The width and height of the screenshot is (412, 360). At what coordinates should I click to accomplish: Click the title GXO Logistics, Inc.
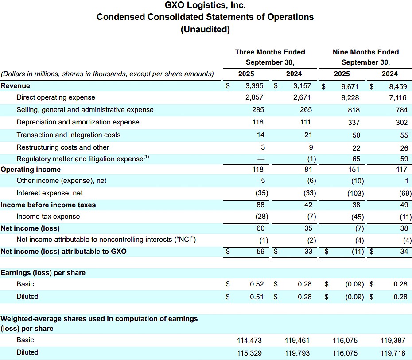pyautogui.click(x=205, y=5)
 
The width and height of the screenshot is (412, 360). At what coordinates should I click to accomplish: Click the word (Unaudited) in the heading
pyautogui.click(x=205, y=29)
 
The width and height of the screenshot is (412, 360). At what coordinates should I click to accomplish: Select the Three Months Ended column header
pyautogui.click(x=270, y=52)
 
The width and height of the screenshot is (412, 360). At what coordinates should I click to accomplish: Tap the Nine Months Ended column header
pyautogui.click(x=365, y=52)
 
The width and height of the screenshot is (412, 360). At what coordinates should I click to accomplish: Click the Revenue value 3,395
pyautogui.click(x=254, y=86)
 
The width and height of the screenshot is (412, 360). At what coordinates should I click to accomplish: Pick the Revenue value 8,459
pyautogui.click(x=398, y=86)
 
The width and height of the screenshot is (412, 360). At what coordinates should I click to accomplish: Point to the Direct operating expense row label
pyautogui.click(x=56, y=97)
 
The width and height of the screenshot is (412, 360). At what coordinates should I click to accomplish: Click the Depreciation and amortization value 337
pyautogui.click(x=354, y=122)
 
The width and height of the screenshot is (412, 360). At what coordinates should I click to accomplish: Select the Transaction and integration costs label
pyautogui.click(x=68, y=135)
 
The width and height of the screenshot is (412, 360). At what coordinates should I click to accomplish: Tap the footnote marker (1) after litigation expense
pyautogui.click(x=146, y=157)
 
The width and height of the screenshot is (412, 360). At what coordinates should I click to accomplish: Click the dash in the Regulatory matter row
pyautogui.click(x=261, y=159)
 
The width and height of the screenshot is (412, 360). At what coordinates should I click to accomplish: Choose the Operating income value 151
pyautogui.click(x=354, y=170)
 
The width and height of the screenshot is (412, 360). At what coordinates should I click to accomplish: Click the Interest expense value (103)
pyautogui.click(x=355, y=193)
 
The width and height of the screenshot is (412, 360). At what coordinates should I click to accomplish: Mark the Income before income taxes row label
pyautogui.click(x=48, y=205)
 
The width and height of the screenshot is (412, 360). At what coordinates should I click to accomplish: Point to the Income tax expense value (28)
pyautogui.click(x=262, y=217)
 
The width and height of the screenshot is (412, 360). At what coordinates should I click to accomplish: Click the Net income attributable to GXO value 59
pyautogui.click(x=260, y=252)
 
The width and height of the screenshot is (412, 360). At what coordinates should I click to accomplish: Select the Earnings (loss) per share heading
pyautogui.click(x=43, y=273)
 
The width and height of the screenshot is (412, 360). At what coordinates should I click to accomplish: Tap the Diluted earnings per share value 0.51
pyautogui.click(x=257, y=297)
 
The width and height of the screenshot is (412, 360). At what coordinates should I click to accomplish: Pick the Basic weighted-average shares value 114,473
pyautogui.click(x=249, y=341)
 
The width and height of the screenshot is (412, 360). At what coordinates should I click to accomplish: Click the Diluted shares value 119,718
pyautogui.click(x=393, y=353)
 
